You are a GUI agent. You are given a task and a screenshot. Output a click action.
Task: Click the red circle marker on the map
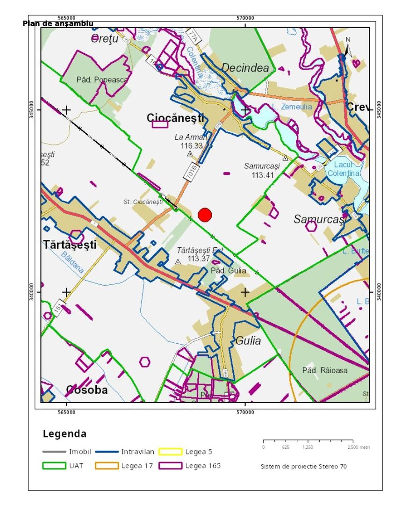pyautogui.click(x=205, y=215)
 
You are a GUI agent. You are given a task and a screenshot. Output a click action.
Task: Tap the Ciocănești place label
pyautogui.click(x=175, y=118)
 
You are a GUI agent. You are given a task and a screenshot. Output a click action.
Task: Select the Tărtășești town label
pyautogui.click(x=70, y=244)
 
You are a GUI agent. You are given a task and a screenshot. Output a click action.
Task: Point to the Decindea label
pyautogui.click(x=245, y=68)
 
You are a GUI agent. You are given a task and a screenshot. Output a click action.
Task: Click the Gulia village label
pyautogui.click(x=248, y=340)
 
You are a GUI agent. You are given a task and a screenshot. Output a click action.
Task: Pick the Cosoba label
pyautogui.click(x=87, y=390)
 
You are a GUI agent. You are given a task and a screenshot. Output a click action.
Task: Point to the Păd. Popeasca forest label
pyautogui.click(x=102, y=80)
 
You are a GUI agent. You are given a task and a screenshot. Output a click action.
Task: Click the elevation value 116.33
pyautogui.click(x=192, y=146)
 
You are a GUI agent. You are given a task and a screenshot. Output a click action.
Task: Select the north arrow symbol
pyautogui.click(x=347, y=47)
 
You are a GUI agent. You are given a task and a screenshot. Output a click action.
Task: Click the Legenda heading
pyautogui.click(x=64, y=433)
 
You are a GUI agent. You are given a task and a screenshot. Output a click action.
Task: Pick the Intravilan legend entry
pyautogui.click(x=135, y=452)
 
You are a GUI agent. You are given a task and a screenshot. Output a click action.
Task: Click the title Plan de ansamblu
pyautogui.click(x=58, y=23)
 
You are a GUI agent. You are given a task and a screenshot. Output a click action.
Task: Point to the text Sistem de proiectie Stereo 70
pyautogui.click(x=303, y=466)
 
